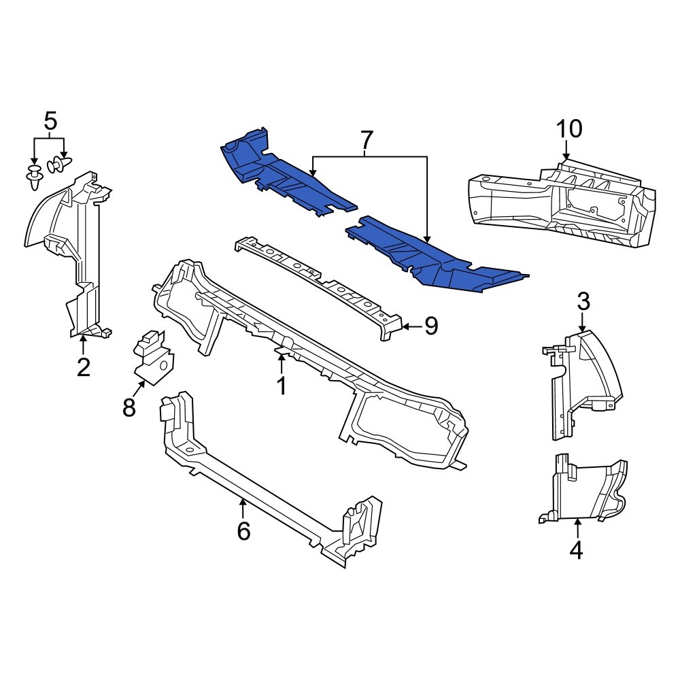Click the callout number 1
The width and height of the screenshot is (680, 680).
coord(281,386)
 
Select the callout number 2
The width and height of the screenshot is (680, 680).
coord(83,367)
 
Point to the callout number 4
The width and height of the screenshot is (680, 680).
coord(576,549)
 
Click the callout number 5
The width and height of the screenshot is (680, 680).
coord(50,122)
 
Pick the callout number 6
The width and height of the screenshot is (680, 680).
coord(243,530)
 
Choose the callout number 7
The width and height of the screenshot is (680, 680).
coord(367,140)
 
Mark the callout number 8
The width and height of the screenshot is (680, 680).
coord(129,408)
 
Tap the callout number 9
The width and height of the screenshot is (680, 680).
coord(430,326)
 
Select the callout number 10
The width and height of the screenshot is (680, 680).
coord(569,128)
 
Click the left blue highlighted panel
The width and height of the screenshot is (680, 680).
coord(279,173)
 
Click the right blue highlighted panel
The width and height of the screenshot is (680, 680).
coord(435,258)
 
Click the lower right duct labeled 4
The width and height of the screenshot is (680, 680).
coord(585,490)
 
